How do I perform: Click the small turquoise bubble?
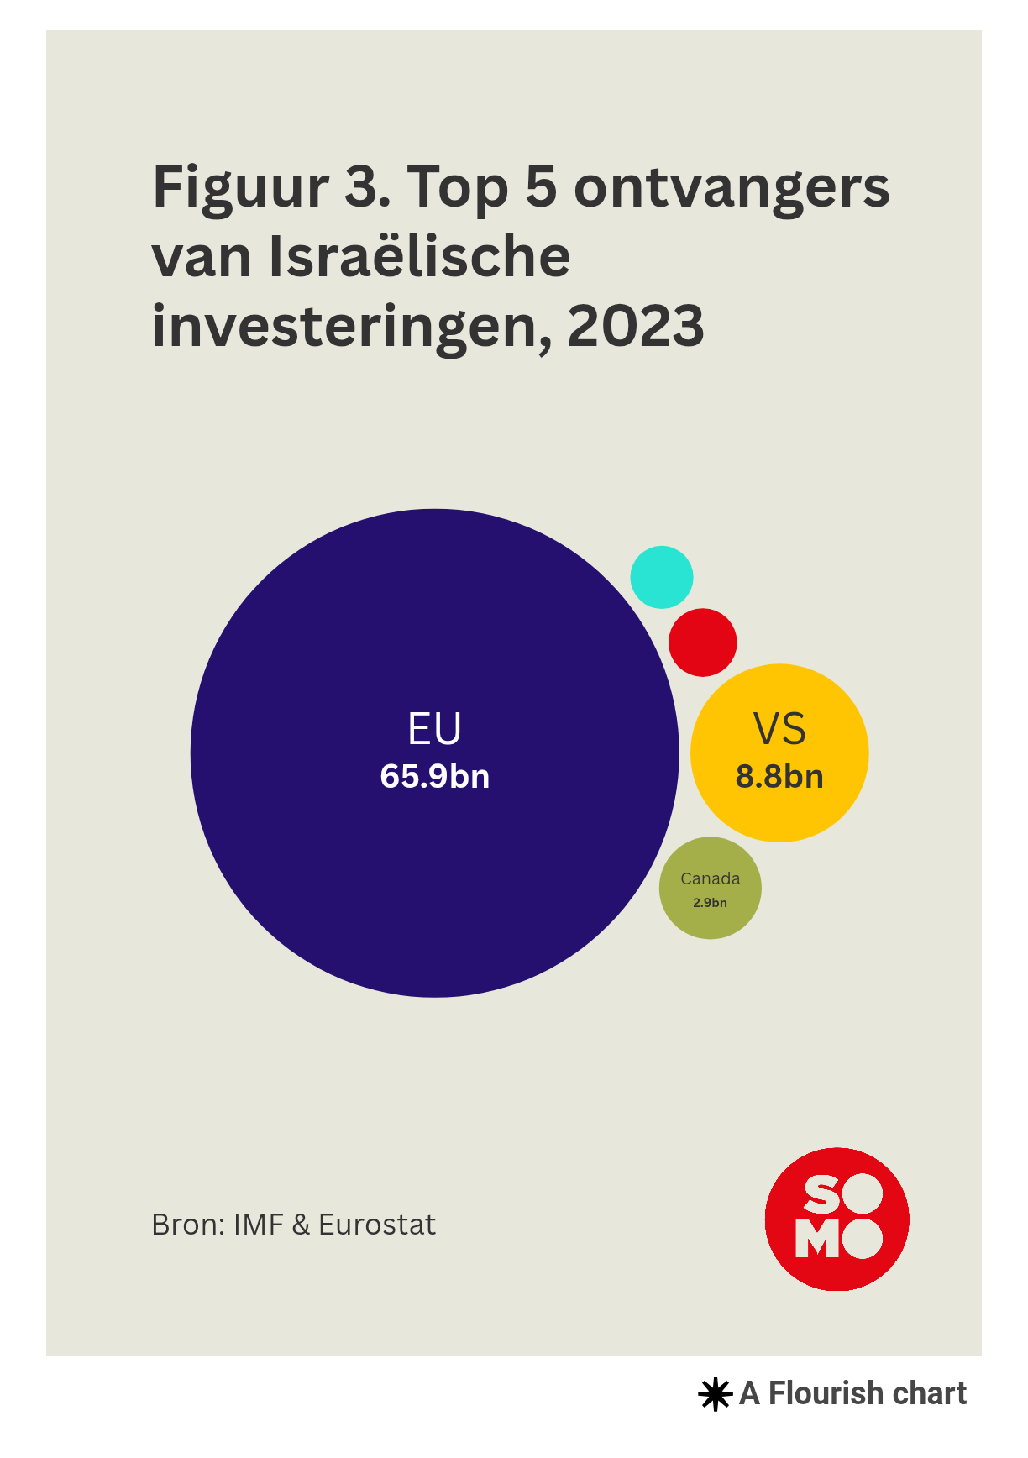(x=662, y=577)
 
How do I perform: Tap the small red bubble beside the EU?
(x=703, y=642)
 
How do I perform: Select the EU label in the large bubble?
(x=434, y=729)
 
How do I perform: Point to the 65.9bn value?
(x=434, y=776)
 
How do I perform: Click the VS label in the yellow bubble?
(x=779, y=729)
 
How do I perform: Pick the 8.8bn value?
(x=779, y=776)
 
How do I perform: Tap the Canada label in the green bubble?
(x=711, y=878)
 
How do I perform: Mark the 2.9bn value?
(x=711, y=903)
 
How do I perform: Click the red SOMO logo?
(x=837, y=1219)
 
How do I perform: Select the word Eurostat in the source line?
(x=377, y=1225)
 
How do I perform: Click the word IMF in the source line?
(x=258, y=1225)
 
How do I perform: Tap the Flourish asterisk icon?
(x=715, y=1394)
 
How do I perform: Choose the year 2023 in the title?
(x=636, y=326)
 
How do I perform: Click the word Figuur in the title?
(x=240, y=188)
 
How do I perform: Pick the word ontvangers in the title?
(x=732, y=188)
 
